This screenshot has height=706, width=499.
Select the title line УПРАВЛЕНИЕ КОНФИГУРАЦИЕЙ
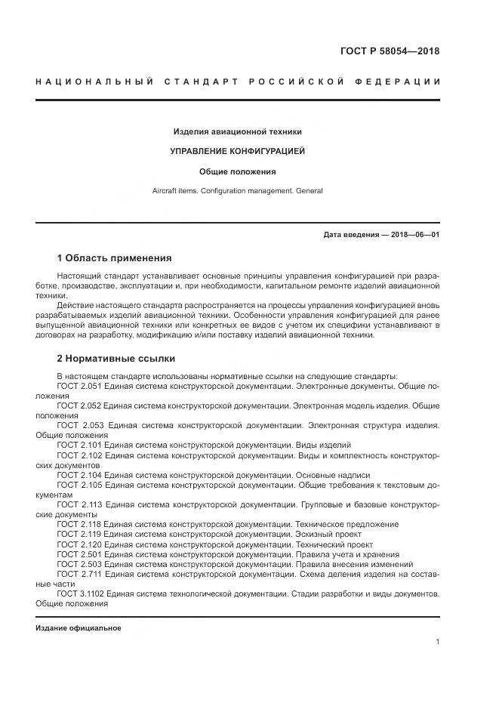238,151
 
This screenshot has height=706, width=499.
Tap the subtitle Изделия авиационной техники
238,131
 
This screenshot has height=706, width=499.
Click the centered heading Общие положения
238,171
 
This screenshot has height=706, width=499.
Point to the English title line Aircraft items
238,190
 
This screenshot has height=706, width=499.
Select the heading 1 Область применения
114,257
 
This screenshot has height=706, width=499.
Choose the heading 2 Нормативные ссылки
116,358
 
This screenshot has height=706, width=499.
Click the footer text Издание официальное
79,628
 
